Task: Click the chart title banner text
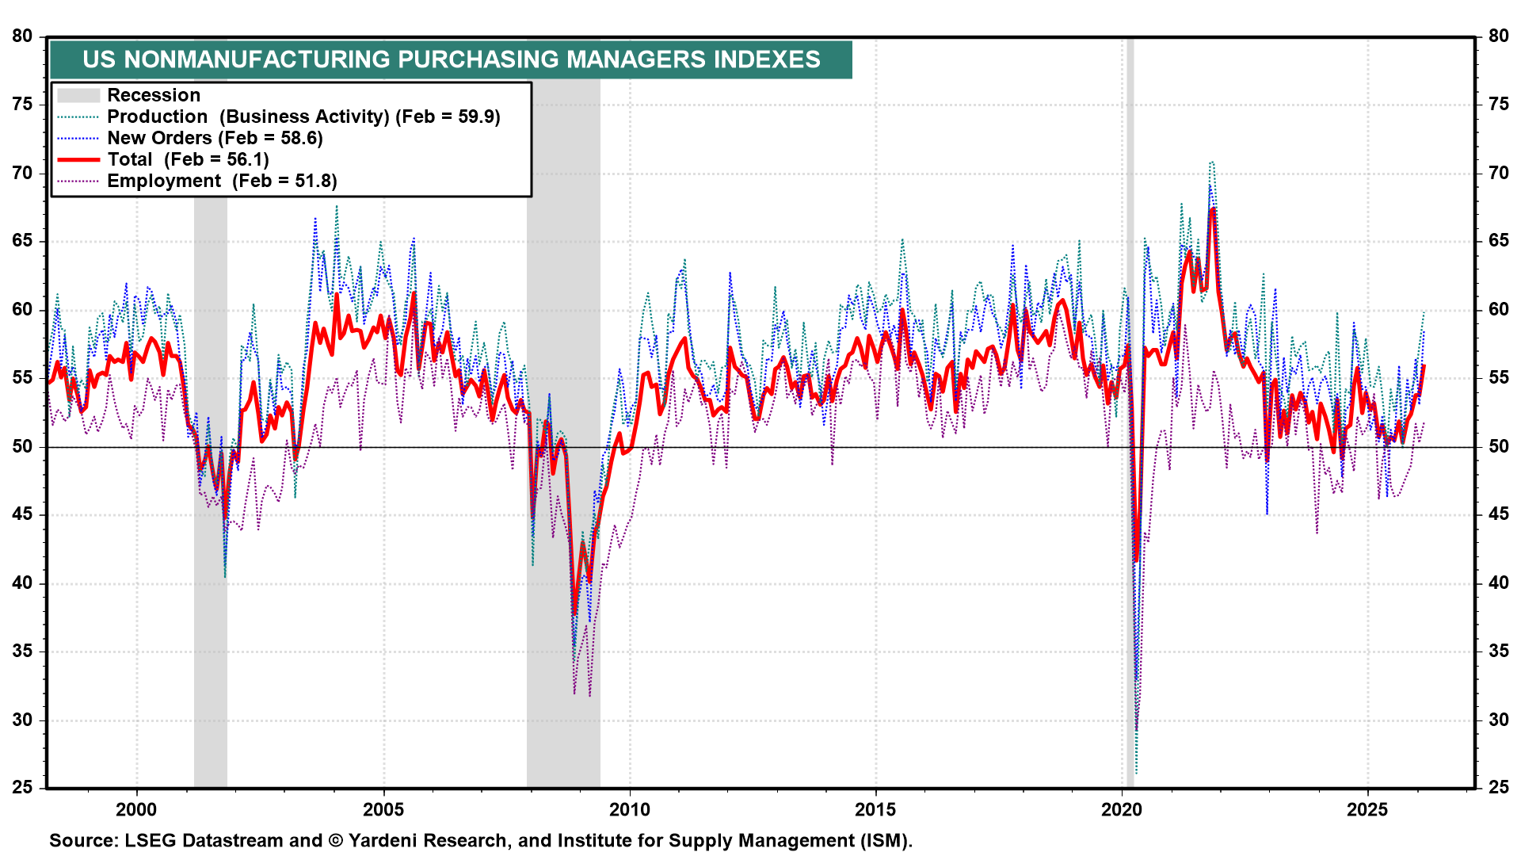(451, 59)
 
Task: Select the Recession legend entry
(154, 95)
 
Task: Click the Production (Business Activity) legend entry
(303, 117)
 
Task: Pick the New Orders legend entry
(215, 138)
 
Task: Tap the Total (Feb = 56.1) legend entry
(188, 159)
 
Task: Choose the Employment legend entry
(222, 181)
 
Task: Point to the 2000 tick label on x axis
(136, 809)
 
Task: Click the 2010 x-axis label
(630, 809)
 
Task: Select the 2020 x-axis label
(1122, 809)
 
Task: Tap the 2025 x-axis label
(1367, 809)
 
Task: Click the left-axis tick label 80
(22, 36)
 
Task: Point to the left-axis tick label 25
(22, 788)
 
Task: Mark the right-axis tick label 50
(1498, 446)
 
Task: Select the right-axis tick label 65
(1498, 241)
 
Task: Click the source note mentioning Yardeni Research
(480, 841)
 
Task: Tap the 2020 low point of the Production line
(1136, 774)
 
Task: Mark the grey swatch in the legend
(78, 95)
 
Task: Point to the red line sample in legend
(78, 159)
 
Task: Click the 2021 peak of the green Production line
(1211, 162)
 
